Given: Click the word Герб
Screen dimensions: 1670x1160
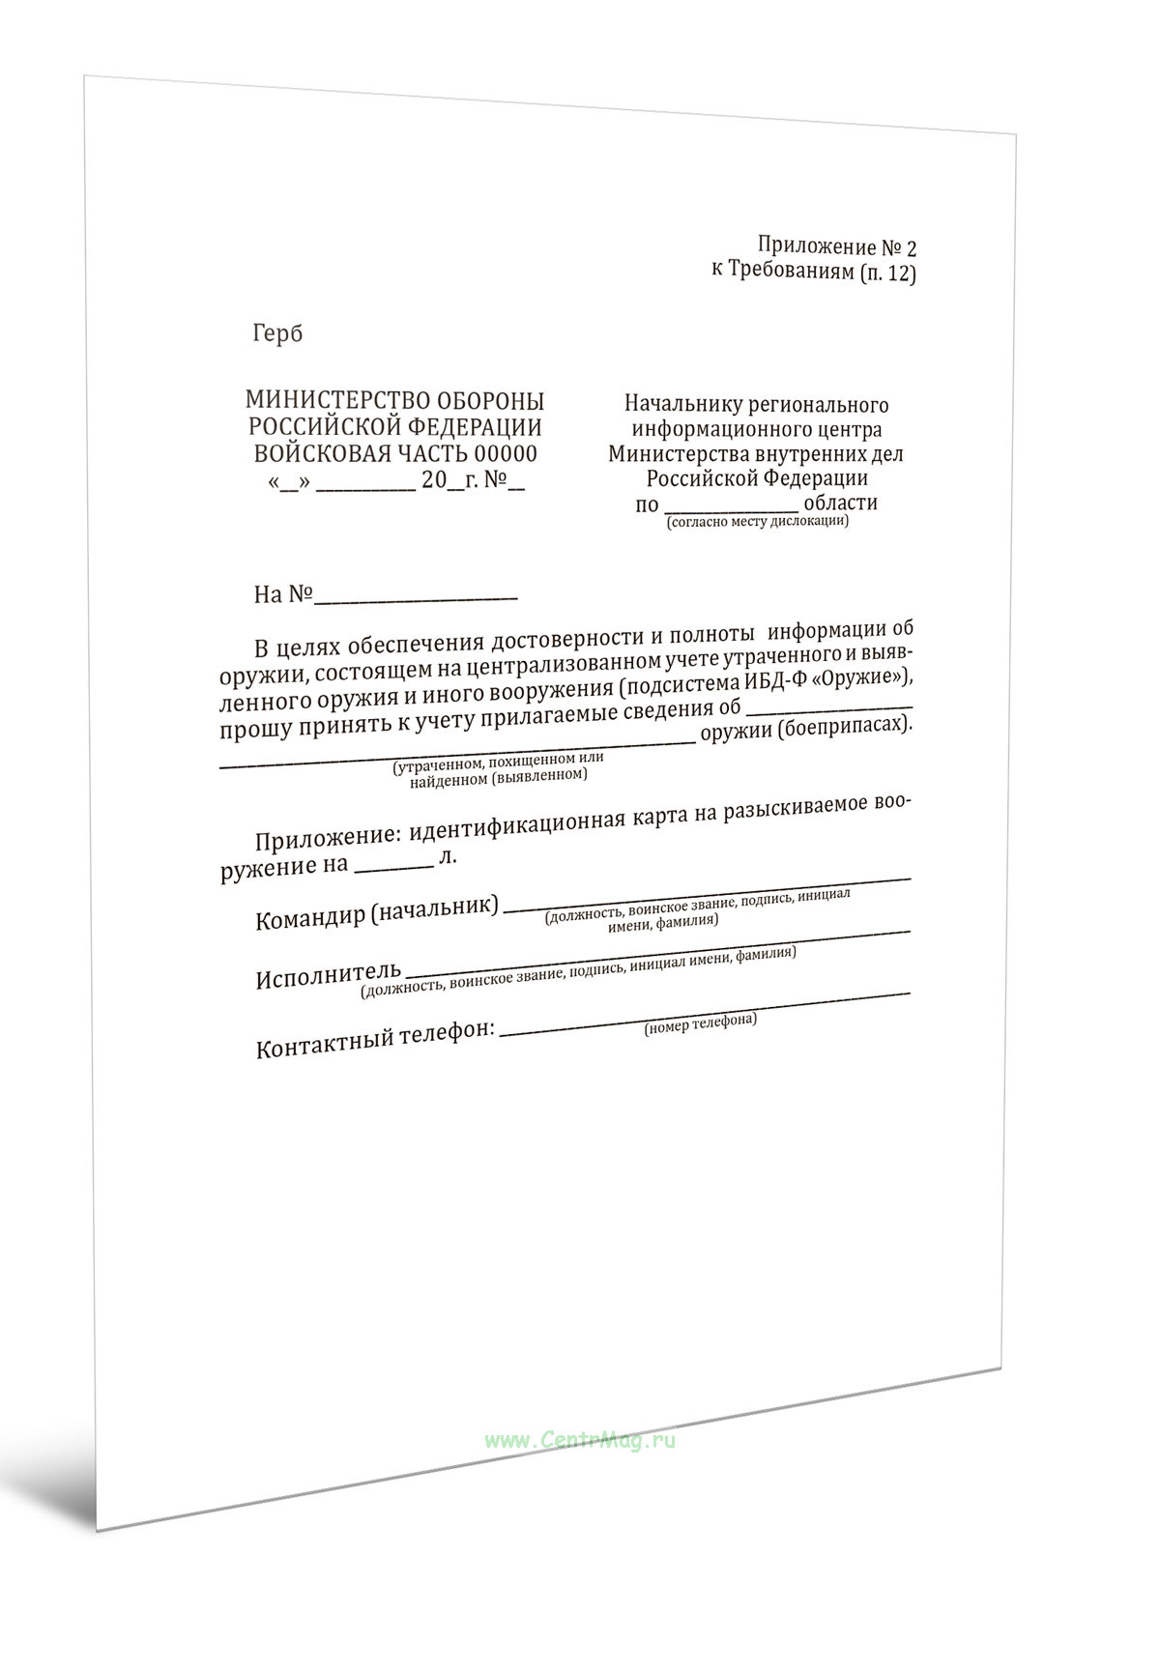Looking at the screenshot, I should (277, 333).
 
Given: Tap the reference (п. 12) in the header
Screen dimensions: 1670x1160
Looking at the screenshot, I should (886, 273).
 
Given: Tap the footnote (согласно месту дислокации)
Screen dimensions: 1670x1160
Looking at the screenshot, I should (756, 521).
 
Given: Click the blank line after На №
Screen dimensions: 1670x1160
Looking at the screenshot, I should (416, 595).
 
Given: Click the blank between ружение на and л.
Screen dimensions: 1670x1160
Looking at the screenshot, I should (393, 863).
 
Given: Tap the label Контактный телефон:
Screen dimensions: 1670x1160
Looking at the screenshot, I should (375, 1037).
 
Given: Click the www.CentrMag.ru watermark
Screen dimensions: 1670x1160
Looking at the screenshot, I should (580, 1440).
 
